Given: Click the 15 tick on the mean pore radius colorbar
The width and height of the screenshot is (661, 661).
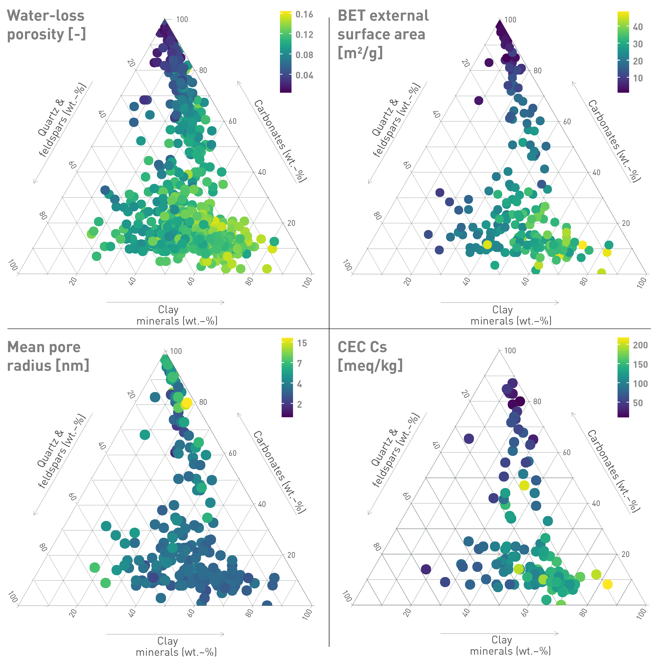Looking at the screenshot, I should [302, 343].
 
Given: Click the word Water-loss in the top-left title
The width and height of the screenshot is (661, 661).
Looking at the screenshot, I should [46, 16].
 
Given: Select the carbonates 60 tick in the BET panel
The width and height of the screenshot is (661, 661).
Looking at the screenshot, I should [567, 121].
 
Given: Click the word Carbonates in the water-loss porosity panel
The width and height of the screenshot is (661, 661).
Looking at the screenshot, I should [269, 125].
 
